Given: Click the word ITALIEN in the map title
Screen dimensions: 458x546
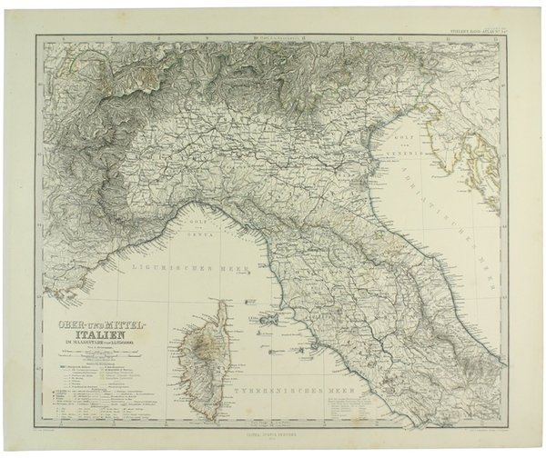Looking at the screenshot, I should click(x=101, y=335).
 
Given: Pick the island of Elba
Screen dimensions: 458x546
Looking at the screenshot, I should click(x=270, y=319).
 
